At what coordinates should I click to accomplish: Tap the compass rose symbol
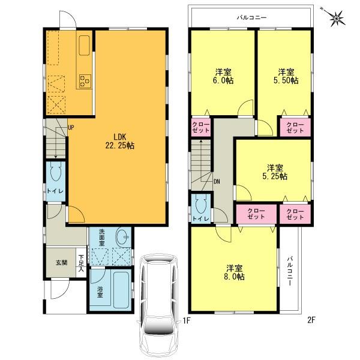[338, 17]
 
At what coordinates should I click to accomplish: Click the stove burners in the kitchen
[85, 79]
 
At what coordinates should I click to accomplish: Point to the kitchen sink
[83, 46]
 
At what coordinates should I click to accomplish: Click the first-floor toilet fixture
[55, 175]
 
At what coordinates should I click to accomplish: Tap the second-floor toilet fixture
[199, 205]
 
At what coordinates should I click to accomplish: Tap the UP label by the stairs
[71, 127]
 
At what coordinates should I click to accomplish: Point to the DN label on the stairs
[216, 179]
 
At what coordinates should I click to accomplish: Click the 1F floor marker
[187, 320]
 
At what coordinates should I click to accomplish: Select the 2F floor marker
[311, 320]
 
